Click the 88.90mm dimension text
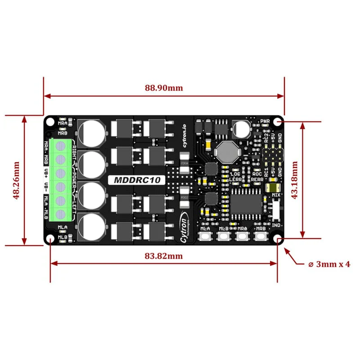(x=164, y=88)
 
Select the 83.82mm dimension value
(x=163, y=256)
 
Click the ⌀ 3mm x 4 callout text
(x=329, y=264)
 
